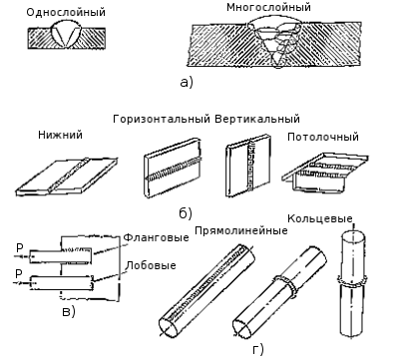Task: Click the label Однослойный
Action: [66, 12]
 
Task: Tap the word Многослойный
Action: [268, 7]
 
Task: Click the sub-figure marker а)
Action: [187, 82]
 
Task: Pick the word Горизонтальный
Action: [162, 119]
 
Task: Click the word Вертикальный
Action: [257, 119]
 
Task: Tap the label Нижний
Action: [60, 135]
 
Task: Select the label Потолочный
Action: [323, 137]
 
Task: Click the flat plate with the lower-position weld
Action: [67, 176]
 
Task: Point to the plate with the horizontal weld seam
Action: [173, 168]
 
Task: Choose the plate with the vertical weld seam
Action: [248, 166]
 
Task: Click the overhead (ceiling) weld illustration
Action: [324, 172]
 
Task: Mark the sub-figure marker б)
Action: [186, 213]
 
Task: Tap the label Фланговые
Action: [156, 237]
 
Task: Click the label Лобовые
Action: [152, 265]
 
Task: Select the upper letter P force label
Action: [19, 248]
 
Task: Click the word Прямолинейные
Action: [241, 230]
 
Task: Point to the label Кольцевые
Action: [320, 218]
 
